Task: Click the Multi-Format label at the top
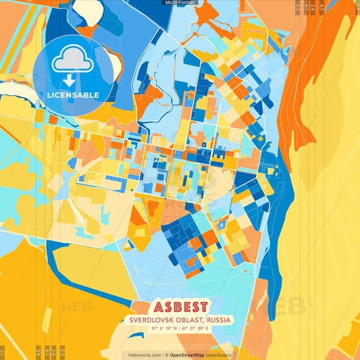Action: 179,3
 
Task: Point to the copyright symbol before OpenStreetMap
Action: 168,355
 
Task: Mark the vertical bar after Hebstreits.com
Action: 163,355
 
